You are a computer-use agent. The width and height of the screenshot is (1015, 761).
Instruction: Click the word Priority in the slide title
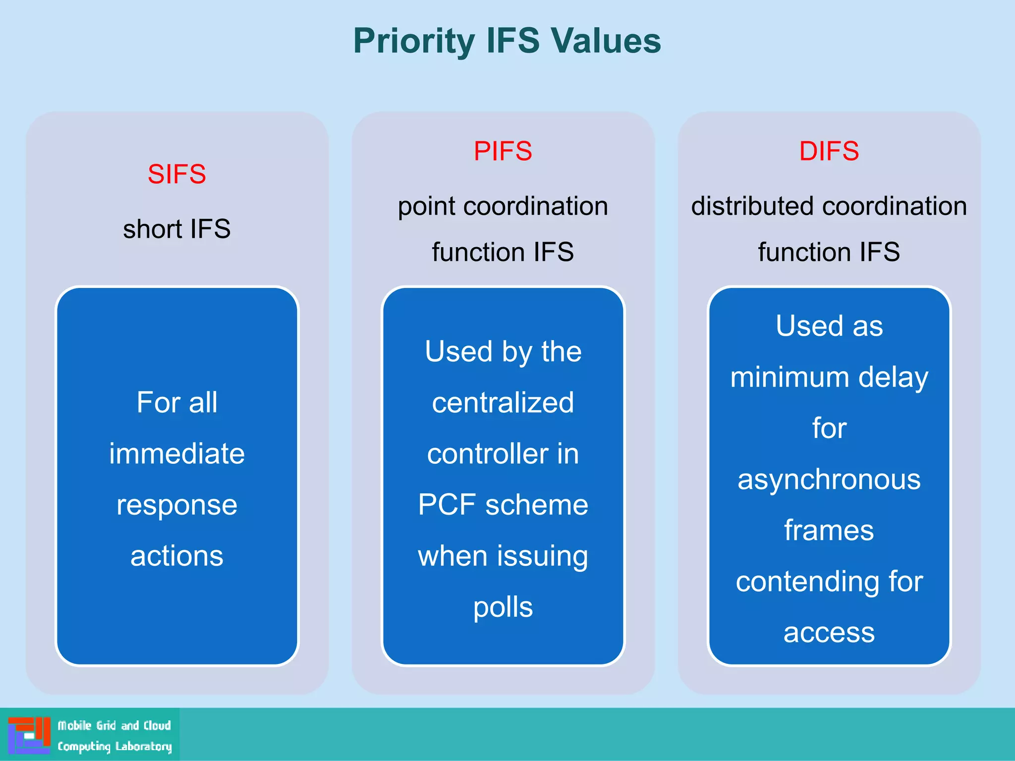(414, 41)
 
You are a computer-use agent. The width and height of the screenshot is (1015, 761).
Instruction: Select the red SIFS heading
(176, 174)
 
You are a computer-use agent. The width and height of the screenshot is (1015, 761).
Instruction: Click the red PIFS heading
(503, 151)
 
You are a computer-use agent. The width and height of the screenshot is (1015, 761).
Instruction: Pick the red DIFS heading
(829, 151)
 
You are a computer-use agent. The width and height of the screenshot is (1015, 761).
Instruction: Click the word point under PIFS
(427, 206)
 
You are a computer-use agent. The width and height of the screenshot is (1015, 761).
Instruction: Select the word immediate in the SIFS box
(177, 453)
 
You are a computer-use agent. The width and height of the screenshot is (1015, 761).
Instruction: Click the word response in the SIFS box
(177, 505)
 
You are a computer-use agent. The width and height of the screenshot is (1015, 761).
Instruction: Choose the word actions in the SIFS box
(177, 556)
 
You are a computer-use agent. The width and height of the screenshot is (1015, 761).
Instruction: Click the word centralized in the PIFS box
(503, 402)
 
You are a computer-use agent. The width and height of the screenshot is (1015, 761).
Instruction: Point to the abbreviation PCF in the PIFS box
(447, 505)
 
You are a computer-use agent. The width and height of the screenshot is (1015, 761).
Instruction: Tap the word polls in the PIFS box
(503, 607)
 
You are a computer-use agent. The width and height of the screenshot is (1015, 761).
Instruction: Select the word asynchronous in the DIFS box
(829, 479)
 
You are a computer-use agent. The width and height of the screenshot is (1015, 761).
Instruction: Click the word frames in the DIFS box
(829, 530)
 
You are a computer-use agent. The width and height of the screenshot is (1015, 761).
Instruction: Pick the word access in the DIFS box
(829, 632)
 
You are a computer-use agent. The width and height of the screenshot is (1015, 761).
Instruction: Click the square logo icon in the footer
(29, 735)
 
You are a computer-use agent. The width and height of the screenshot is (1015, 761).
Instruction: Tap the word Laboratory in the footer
(143, 746)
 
